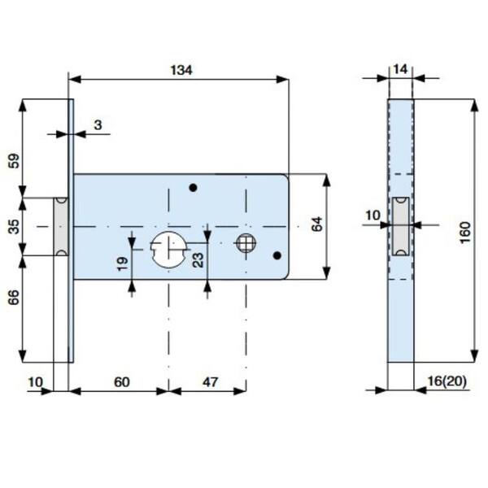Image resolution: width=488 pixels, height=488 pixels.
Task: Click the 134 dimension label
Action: (181, 70)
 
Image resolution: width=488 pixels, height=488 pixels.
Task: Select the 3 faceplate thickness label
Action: (98, 125)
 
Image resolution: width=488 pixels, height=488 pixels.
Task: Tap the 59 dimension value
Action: (14, 161)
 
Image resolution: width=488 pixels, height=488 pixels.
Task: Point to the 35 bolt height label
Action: (14, 226)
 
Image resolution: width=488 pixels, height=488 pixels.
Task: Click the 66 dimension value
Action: (14, 297)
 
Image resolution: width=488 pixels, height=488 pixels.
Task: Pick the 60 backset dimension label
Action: (122, 382)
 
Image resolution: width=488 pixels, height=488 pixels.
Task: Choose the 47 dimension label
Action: (211, 382)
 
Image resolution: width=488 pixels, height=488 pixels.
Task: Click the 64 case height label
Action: (316, 224)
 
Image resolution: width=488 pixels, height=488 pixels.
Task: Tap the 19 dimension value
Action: (124, 264)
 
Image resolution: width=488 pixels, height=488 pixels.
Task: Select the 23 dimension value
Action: (198, 260)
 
